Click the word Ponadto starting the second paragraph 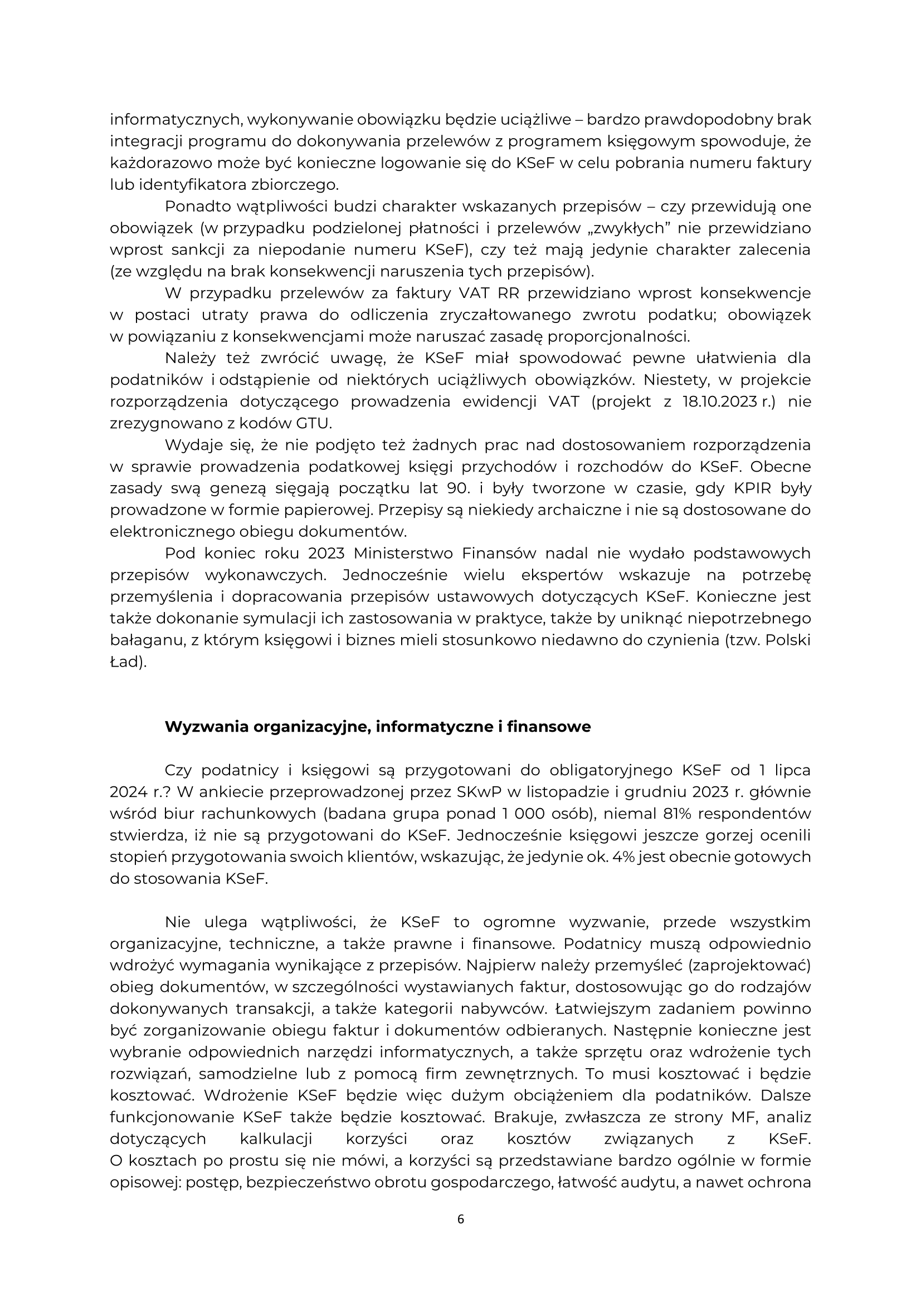tap(196, 207)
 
